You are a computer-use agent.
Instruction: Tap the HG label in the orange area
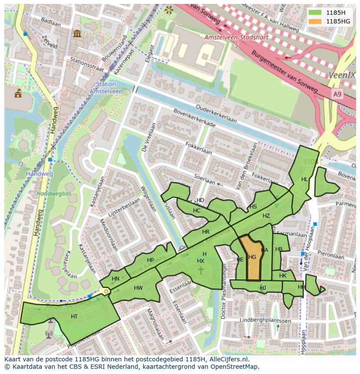pyautogui.click(x=252, y=257)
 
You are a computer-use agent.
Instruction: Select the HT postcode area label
pyautogui.click(x=74, y=317)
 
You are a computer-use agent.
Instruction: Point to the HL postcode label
pyautogui.click(x=305, y=179)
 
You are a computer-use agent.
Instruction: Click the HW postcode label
pyautogui.click(x=138, y=288)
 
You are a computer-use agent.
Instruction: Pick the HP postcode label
pyautogui.click(x=150, y=260)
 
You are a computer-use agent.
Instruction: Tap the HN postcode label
pyautogui.click(x=116, y=279)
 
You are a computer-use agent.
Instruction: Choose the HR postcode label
pyautogui.click(x=206, y=232)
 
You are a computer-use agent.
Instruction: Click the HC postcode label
pyautogui.click(x=197, y=211)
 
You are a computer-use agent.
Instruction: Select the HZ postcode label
pyautogui.click(x=266, y=216)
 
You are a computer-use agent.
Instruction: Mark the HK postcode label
pyautogui.click(x=283, y=276)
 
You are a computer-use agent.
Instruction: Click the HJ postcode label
pyautogui.click(x=263, y=288)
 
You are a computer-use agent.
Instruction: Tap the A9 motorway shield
pyautogui.click(x=337, y=94)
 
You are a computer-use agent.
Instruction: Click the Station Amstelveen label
pyautogui.click(x=104, y=88)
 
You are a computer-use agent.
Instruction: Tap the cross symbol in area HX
pyautogui.click(x=201, y=270)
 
